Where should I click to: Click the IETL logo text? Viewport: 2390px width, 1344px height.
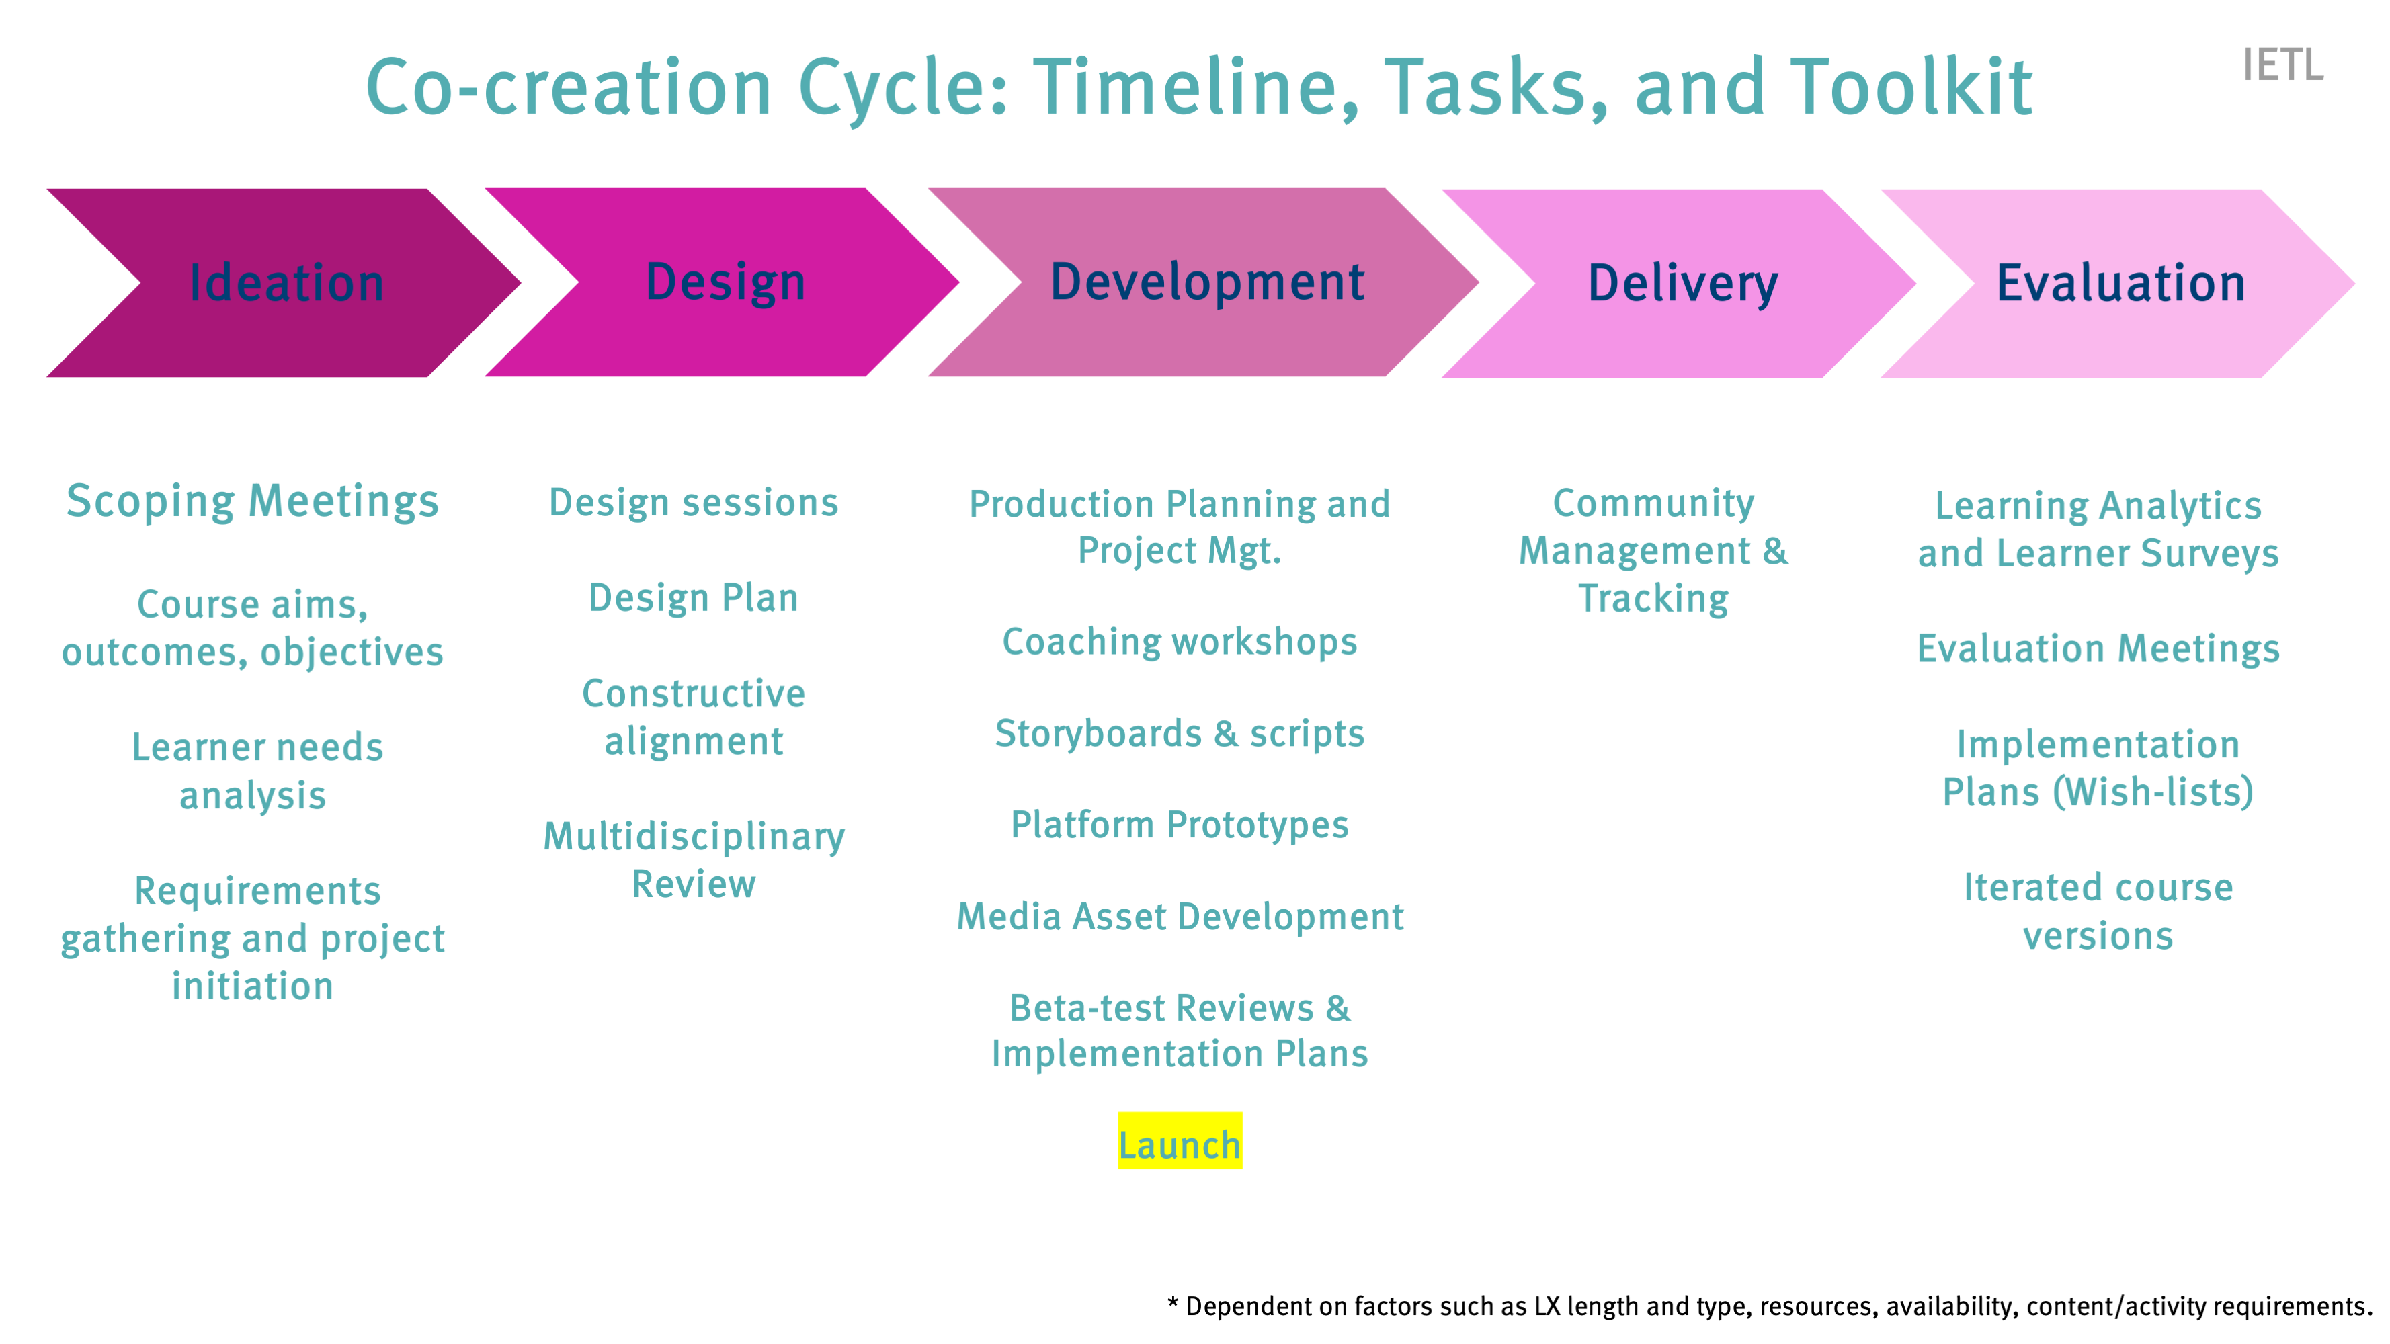[x=2282, y=65]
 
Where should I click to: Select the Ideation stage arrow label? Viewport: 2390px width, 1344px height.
[x=287, y=283]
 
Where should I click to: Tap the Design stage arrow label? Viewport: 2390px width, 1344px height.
[x=726, y=283]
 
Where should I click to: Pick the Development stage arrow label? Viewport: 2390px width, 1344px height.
[x=1207, y=282]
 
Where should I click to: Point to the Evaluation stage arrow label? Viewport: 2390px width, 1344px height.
[x=2121, y=283]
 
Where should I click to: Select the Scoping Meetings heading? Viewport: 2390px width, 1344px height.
[x=252, y=502]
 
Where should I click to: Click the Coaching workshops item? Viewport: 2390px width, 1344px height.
[x=1180, y=642]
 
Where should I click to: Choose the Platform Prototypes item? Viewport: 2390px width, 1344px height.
[x=1180, y=825]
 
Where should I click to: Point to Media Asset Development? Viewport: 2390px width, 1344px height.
[x=1180, y=917]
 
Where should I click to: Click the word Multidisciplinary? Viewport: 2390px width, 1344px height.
[x=694, y=837]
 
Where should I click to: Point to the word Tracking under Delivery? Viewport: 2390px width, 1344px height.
[x=1653, y=598]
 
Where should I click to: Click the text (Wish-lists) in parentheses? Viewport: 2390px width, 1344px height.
[x=2153, y=792]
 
